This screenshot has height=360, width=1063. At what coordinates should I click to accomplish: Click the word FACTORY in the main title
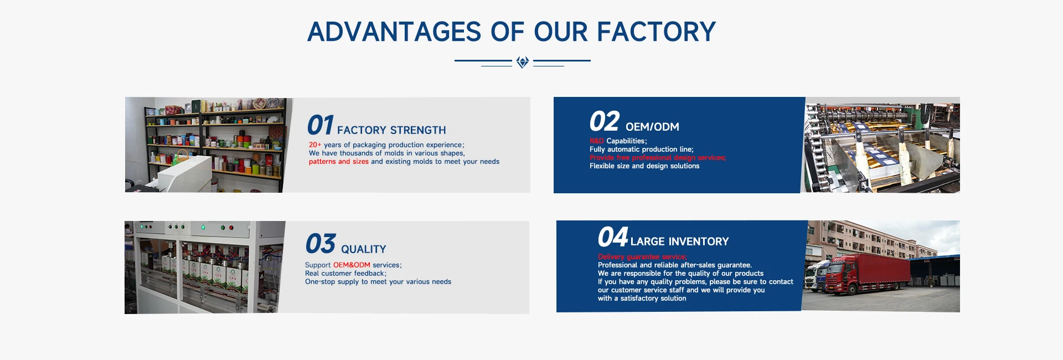point(656,32)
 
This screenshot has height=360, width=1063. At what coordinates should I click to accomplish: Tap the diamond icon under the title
point(522,62)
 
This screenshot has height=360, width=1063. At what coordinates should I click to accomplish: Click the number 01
point(321,125)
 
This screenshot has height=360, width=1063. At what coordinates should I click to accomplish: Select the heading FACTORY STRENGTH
point(391,130)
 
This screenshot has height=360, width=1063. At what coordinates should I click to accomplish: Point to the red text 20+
point(315,145)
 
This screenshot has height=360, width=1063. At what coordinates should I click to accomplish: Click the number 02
point(604,121)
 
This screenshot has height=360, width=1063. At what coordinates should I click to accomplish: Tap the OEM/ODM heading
point(652,127)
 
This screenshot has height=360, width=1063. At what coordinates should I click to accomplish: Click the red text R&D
point(597,141)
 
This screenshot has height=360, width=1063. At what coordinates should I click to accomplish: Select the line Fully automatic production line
point(642,150)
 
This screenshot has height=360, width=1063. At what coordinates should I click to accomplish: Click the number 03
point(321,244)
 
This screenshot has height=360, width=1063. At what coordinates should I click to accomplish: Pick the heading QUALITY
point(364,249)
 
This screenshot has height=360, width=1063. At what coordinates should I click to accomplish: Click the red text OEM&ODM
point(352,265)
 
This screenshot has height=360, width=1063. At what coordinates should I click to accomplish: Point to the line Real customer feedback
point(345,274)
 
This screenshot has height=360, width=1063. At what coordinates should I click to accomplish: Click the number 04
point(613,237)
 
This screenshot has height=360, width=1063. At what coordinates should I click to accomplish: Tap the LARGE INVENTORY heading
point(679,241)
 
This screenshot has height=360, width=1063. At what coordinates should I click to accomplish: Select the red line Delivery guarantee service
point(642,257)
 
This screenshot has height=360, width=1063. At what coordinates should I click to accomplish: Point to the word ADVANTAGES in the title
point(395,32)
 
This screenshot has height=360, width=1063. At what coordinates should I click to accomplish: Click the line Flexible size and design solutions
point(644,166)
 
